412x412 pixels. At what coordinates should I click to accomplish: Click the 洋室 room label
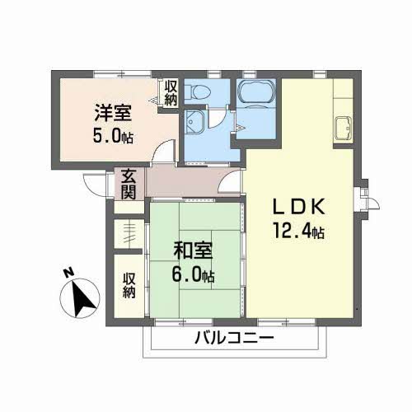[x=113, y=113]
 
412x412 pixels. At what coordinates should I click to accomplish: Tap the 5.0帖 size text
[x=113, y=136]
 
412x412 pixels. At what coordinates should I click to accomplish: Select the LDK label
[x=299, y=207]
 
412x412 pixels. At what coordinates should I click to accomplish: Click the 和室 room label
[x=193, y=251]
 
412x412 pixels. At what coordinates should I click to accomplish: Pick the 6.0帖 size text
[x=193, y=274]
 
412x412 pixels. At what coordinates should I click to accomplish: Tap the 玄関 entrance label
[x=129, y=184]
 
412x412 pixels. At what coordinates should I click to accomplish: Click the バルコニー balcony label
[x=234, y=338]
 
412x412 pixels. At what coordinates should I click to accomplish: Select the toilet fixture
[x=197, y=91]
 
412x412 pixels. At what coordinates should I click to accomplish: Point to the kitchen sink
[x=343, y=128]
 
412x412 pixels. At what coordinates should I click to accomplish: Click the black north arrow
[x=82, y=298]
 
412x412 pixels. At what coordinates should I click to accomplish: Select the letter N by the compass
[x=69, y=273]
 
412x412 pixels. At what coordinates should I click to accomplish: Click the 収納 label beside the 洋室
[x=171, y=92]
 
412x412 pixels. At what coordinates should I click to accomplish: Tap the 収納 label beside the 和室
[x=129, y=286]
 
